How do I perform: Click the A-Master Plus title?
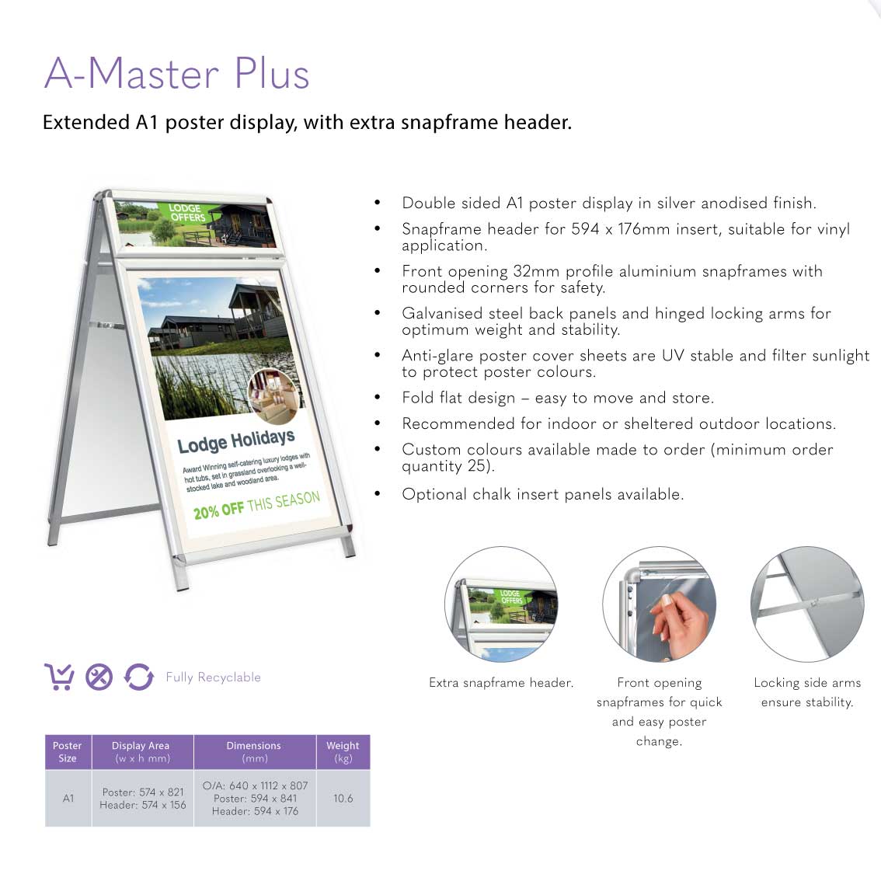177,73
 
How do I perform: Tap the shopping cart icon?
59,677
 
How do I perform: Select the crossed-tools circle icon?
99,677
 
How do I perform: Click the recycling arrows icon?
139,677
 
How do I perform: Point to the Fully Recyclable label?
214,677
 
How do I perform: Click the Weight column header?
343,752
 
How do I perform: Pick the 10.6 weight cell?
343,798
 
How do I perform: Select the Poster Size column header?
68,752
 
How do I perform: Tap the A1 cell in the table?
68,798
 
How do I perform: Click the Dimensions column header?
254,752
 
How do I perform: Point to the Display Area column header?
141,752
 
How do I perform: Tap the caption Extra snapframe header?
501,683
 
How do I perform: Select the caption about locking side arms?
807,692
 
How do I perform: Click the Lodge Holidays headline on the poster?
236,441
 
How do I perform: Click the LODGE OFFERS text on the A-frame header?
186,212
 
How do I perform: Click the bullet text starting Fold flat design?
558,398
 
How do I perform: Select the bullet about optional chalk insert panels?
543,494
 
